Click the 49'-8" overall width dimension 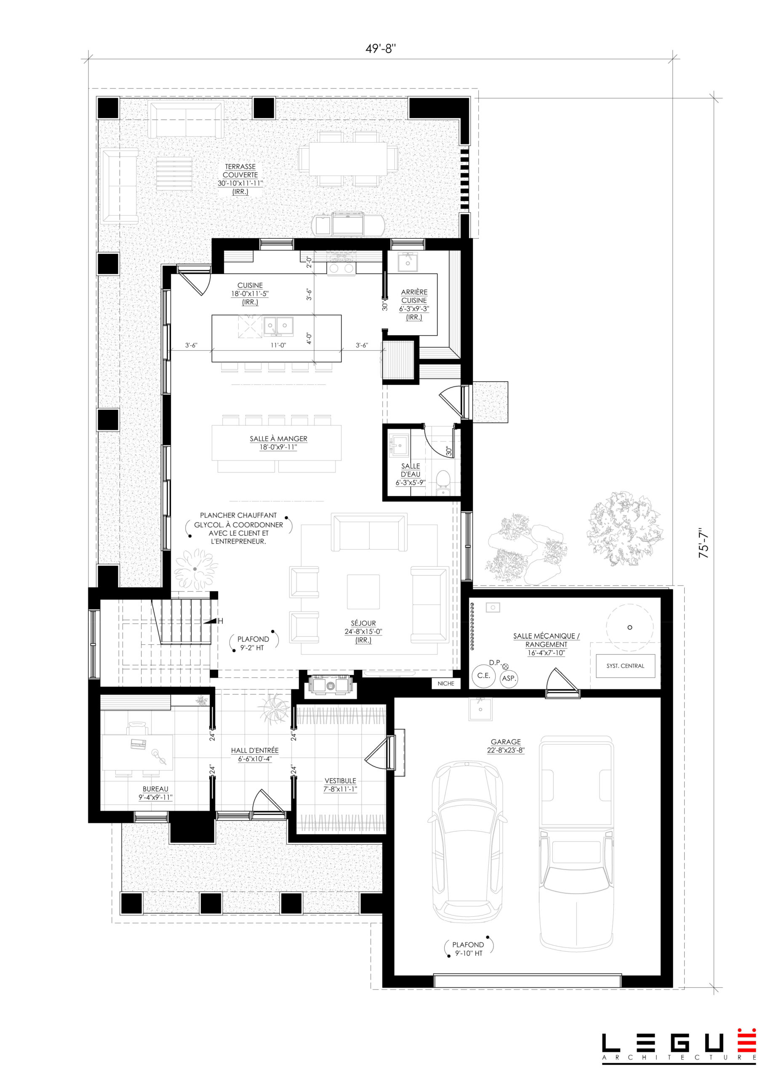coord(380,49)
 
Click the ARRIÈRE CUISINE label coord(414,304)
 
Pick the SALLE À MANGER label coord(278,443)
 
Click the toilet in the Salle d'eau coord(443,483)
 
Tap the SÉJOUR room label coord(363,631)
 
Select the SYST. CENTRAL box coord(625,666)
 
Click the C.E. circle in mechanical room coord(484,675)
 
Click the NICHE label coord(445,683)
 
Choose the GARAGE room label coord(506,746)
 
